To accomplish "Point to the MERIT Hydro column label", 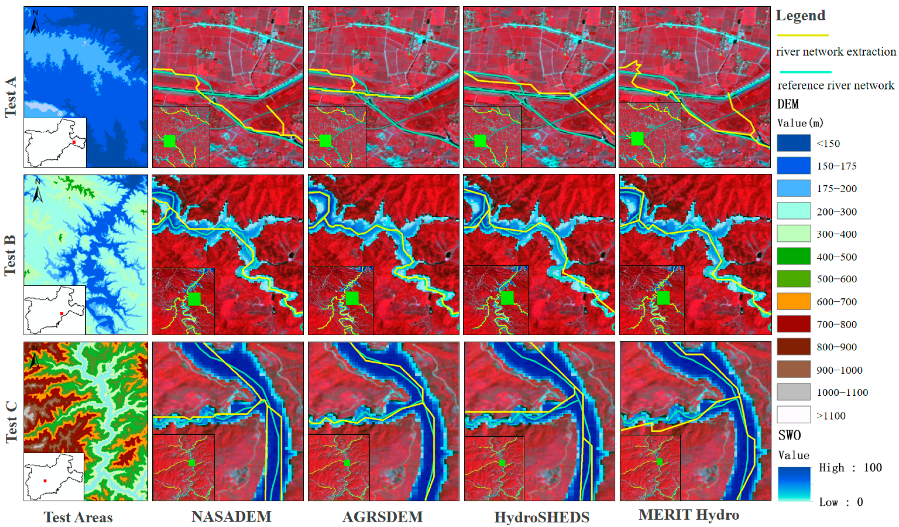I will point(689,514).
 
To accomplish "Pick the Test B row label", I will point(10,256).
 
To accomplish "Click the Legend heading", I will point(801,15).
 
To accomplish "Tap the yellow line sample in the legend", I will point(803,35).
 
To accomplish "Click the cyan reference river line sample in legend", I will point(806,72).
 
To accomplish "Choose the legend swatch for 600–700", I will point(794,302).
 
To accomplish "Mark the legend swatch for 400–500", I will point(794,256).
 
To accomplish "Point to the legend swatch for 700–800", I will point(794,324).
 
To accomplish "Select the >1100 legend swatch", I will point(794,415).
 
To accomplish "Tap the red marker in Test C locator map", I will point(45,481).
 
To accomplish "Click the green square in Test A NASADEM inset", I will point(170,141).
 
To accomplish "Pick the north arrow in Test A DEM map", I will point(35,22).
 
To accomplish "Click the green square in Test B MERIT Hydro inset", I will point(663,298).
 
